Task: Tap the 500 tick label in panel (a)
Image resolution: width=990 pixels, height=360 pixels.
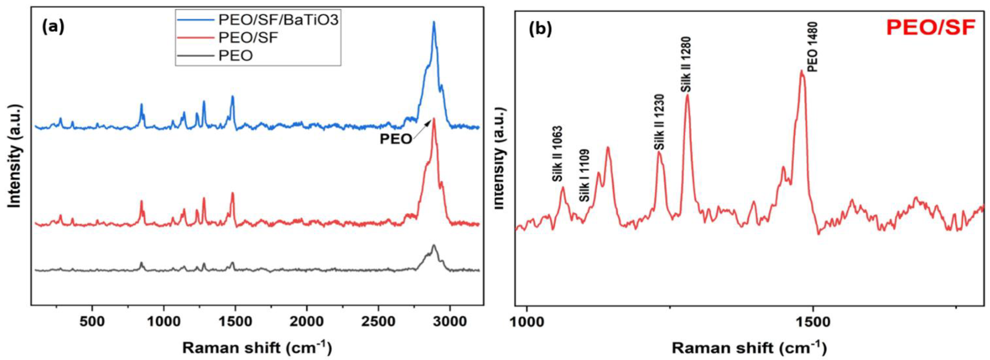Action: (x=92, y=321)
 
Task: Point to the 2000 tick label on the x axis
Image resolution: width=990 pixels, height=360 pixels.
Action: (x=307, y=321)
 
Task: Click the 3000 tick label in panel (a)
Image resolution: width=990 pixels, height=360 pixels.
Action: (x=450, y=321)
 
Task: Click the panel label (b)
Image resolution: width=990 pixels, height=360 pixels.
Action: (x=540, y=29)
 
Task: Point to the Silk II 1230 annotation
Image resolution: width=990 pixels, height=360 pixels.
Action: (x=659, y=122)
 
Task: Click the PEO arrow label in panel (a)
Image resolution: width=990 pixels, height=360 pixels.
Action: (x=396, y=139)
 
